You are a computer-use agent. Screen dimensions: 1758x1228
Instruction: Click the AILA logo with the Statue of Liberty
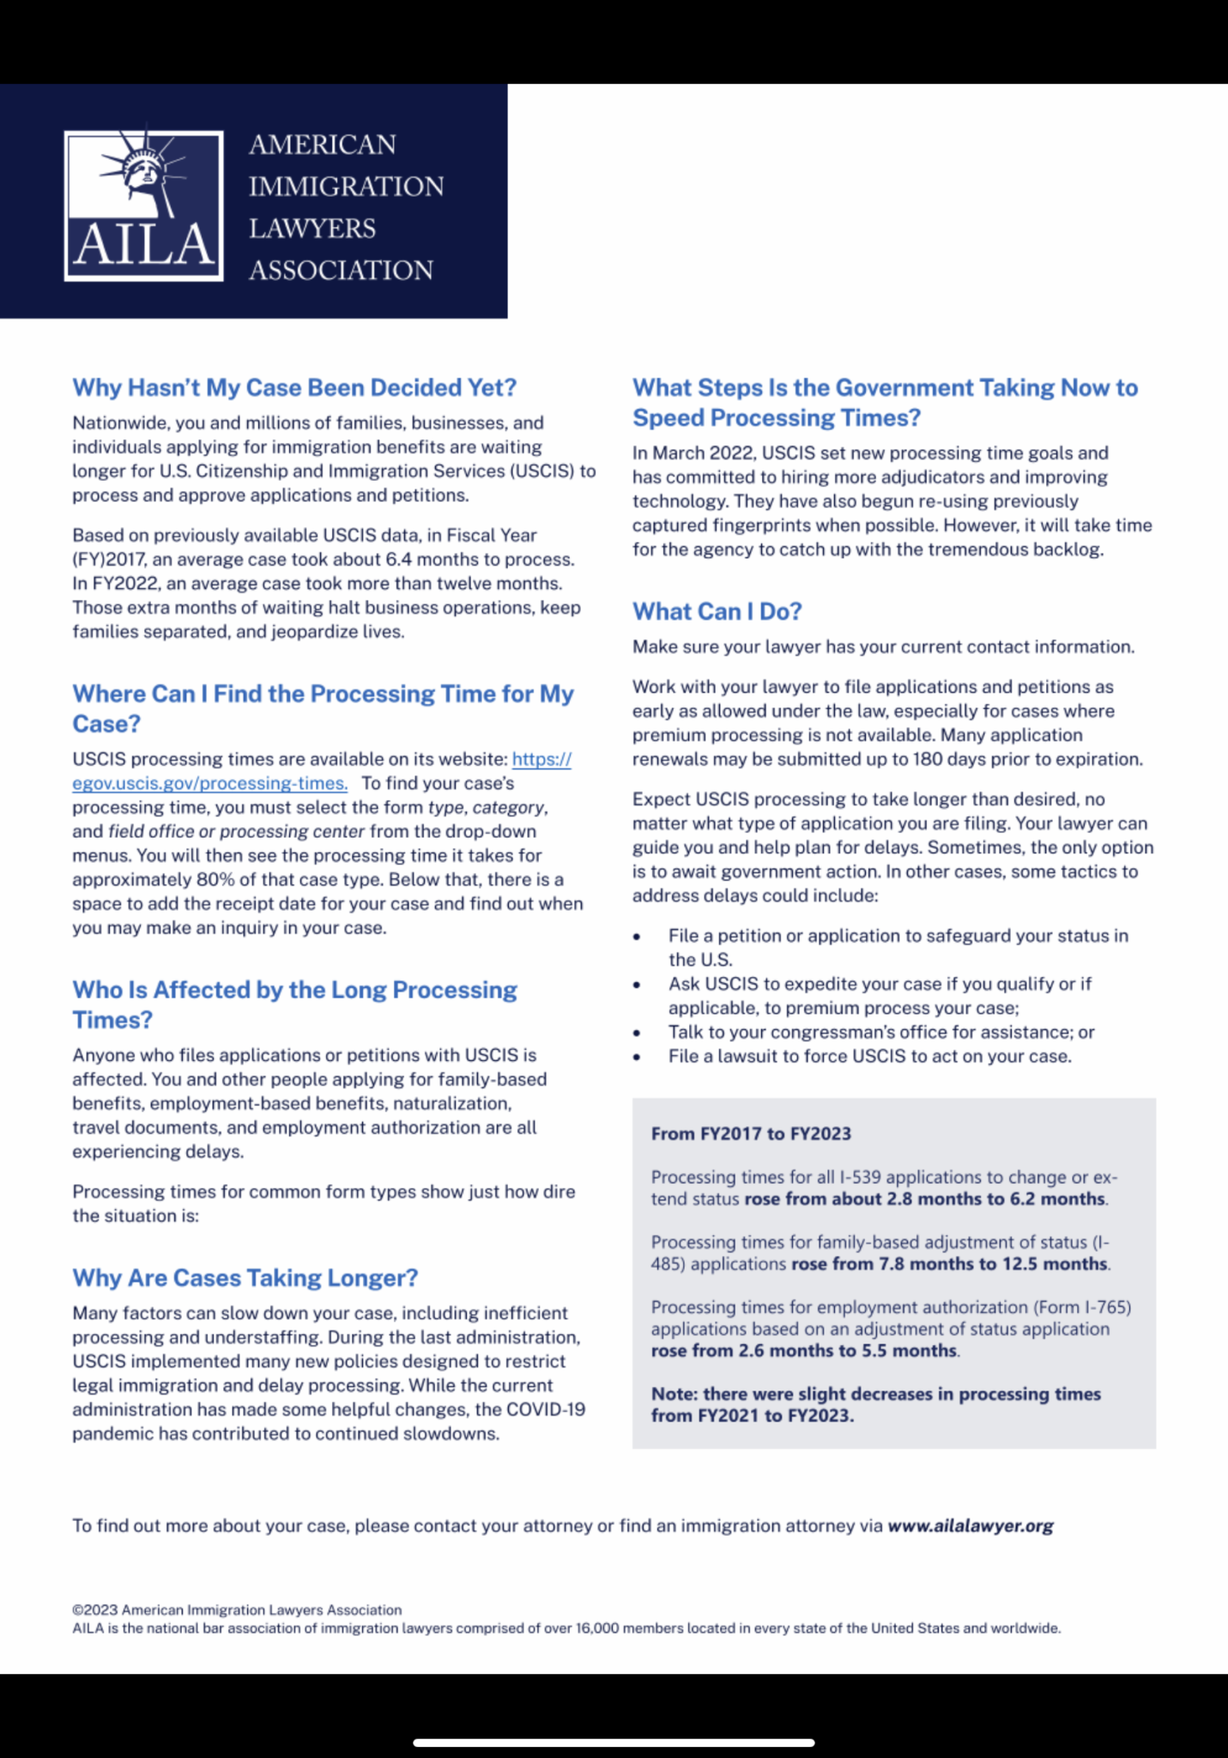143,205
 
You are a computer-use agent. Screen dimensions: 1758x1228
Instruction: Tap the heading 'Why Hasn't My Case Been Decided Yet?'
293,388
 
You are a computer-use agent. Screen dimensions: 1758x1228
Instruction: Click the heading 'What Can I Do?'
717,611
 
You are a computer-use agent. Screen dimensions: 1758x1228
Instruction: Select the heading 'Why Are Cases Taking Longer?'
245,1277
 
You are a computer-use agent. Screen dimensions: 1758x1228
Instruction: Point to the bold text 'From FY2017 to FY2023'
751,1134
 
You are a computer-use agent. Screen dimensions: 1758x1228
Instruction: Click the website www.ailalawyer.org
970,1525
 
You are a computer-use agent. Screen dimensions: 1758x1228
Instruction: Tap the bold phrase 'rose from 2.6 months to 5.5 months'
803,1350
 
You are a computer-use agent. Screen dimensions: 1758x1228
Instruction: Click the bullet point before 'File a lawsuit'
637,1057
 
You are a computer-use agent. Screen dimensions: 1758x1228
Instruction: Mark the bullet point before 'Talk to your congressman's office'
637,1033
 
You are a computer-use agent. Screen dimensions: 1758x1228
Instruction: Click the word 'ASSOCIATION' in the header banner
341,270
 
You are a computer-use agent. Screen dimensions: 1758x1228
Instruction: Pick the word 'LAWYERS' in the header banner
312,228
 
